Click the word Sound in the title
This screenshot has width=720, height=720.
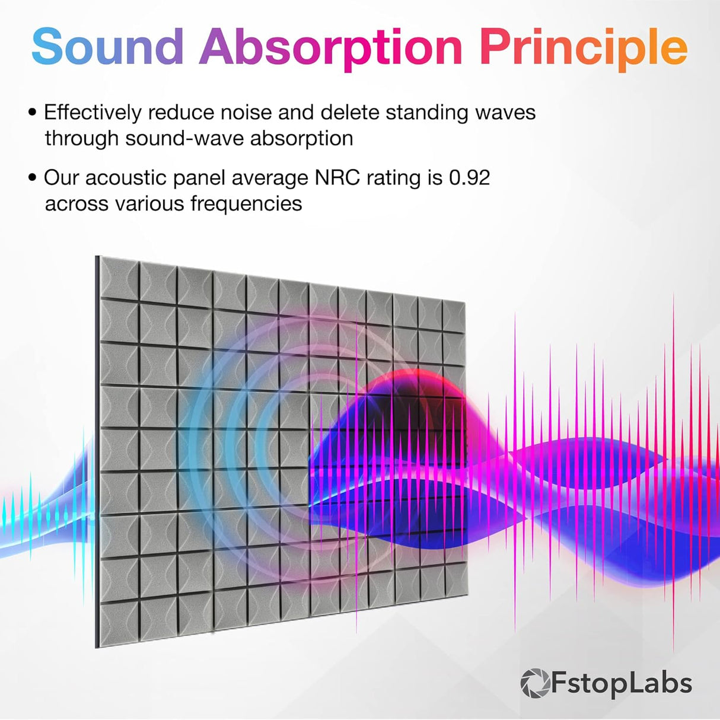click(107, 46)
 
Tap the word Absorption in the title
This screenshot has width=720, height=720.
click(331, 46)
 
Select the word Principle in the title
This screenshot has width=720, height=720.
click(583, 46)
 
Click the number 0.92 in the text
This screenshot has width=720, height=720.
click(469, 177)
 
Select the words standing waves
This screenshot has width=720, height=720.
click(461, 112)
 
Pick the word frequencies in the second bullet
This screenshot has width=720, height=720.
click(246, 203)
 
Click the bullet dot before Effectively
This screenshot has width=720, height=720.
click(32, 112)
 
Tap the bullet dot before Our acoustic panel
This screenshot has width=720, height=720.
click(32, 177)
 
